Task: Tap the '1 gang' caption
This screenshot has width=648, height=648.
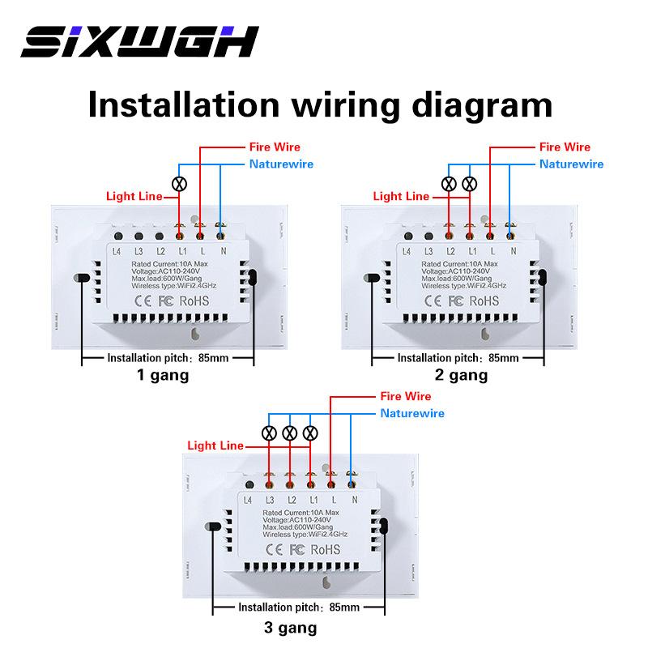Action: pos(163,375)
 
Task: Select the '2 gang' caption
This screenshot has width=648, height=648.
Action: pos(462,375)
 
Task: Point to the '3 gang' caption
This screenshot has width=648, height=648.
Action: pos(291,627)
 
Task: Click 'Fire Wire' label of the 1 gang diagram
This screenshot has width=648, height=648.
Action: pos(274,147)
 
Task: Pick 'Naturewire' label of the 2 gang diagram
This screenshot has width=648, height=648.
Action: pos(572,164)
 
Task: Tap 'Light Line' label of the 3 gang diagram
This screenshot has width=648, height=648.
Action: pos(215,446)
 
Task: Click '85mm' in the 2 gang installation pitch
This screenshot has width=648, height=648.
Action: pos(504,357)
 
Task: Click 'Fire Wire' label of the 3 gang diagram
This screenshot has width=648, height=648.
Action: pos(406,397)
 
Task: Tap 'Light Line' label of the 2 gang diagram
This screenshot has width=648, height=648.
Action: pos(401,196)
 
